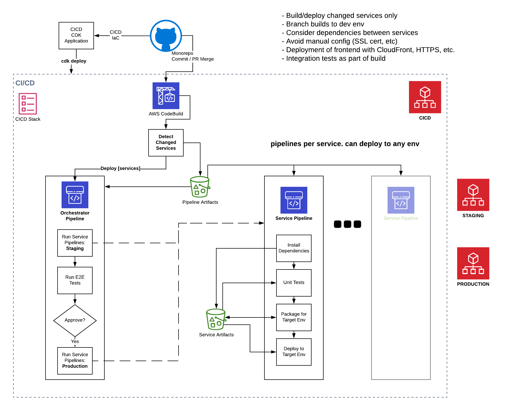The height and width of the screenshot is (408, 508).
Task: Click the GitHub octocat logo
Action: click(166, 36)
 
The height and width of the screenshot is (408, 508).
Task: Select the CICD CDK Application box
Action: click(76, 36)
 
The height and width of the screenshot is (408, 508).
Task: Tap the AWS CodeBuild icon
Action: click(166, 96)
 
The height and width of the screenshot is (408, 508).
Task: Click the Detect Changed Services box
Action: click(166, 143)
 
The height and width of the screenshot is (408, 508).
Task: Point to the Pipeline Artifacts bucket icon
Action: click(200, 187)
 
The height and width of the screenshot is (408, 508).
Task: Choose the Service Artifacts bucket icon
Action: click(216, 319)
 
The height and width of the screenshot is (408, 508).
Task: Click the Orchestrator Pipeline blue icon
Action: click(75, 195)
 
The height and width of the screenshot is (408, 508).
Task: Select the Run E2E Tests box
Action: click(75, 280)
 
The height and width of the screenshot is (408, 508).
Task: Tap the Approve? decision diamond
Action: click(75, 320)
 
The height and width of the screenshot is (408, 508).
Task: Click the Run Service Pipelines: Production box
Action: click(75, 361)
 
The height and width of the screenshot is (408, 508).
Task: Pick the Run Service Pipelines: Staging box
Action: click(75, 243)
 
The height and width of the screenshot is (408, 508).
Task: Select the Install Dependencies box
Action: click(294, 248)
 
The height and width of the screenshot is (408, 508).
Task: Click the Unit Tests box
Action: click(294, 283)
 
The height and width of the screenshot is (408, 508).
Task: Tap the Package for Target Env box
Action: click(294, 317)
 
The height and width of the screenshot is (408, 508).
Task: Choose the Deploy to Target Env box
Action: click(294, 352)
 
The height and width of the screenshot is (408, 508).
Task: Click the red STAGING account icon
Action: click(473, 195)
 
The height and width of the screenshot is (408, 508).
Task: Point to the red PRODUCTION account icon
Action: click(473, 263)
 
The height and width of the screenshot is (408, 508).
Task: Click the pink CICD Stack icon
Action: click(28, 104)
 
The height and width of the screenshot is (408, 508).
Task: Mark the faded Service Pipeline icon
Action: click(401, 200)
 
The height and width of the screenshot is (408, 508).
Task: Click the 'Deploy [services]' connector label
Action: click(120, 169)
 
